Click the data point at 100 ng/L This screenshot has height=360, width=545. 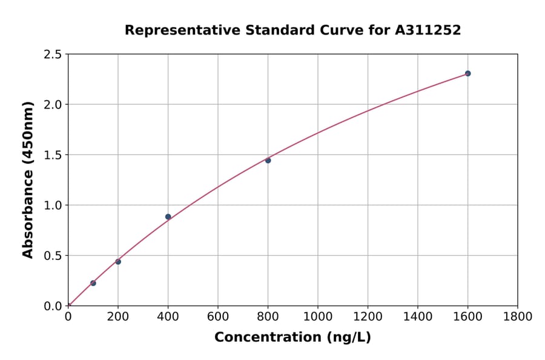click(93, 283)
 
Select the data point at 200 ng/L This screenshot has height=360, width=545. click(118, 262)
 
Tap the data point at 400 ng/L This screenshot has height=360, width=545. click(168, 217)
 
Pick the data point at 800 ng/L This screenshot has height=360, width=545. click(268, 161)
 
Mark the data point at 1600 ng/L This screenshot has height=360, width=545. click(468, 73)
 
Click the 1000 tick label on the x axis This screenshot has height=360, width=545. click(318, 316)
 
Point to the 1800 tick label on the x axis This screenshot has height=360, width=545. click(518, 316)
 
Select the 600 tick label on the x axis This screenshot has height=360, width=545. click(218, 316)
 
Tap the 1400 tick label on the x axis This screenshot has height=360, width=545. click(418, 316)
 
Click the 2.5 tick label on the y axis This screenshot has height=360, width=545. click(53, 55)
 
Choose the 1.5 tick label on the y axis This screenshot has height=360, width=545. click(53, 155)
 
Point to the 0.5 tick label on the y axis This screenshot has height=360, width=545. click(53, 256)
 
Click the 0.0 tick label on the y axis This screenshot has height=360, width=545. click(53, 306)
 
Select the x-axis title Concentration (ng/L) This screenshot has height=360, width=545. click(292, 337)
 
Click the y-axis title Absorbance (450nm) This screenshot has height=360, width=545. click(28, 180)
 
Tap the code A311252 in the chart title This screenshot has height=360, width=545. click(428, 30)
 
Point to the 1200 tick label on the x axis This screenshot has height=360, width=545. click(368, 316)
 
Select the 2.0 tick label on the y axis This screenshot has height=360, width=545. click(53, 105)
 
